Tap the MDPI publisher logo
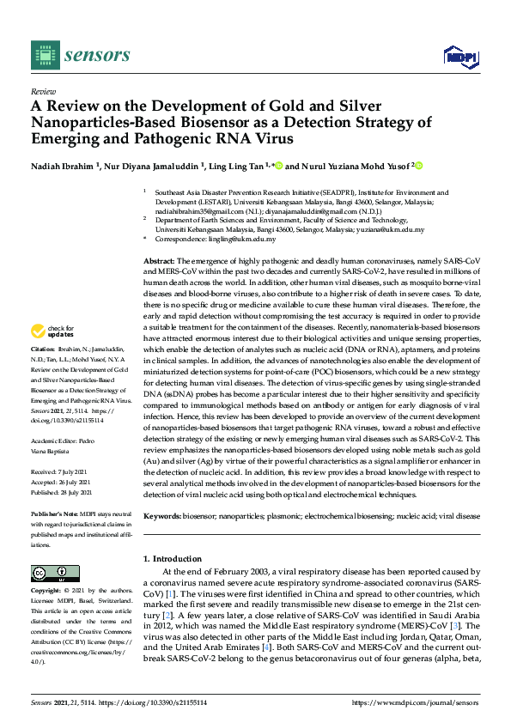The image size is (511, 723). coord(460,56)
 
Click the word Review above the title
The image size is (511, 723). coord(43,90)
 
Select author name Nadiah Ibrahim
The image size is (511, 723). coord(65,166)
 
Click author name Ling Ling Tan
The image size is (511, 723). coord(242,166)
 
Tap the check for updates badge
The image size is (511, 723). coord(52,331)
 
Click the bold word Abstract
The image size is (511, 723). coord(159,260)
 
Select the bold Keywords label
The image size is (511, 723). coord(163,516)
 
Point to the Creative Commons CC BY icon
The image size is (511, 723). coord(55,573)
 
